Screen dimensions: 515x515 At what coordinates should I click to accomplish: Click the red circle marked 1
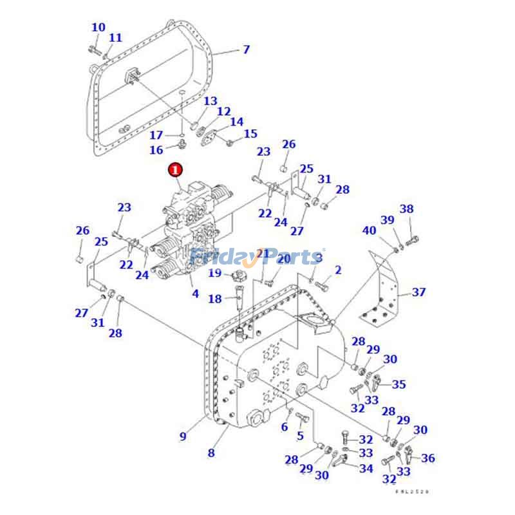tap(175, 170)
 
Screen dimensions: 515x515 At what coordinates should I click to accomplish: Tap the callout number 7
tap(246, 50)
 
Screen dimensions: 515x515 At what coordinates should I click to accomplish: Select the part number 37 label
tap(419, 292)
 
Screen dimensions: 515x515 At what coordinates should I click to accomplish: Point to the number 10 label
tap(98, 28)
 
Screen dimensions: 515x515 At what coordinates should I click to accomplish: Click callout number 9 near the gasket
tap(183, 436)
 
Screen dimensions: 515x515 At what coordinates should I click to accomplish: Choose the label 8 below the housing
tap(211, 453)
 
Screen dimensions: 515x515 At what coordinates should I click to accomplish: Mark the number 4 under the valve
tap(195, 294)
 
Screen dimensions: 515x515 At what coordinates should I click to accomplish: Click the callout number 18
tap(214, 299)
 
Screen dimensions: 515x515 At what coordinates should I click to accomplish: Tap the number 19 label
tap(214, 274)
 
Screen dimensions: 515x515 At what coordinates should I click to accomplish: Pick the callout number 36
tap(428, 458)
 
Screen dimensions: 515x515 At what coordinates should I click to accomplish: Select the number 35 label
tap(399, 384)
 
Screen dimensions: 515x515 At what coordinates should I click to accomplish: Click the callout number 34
tap(366, 469)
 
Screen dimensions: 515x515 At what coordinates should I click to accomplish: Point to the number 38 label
tap(407, 209)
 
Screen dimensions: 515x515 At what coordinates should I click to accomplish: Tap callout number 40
tap(369, 230)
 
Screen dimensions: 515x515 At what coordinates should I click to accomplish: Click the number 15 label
tap(250, 134)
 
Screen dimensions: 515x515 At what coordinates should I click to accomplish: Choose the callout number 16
tap(156, 150)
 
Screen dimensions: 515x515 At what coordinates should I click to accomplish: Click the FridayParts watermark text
tap(257, 257)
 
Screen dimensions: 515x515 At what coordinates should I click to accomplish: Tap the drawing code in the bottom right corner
tap(412, 491)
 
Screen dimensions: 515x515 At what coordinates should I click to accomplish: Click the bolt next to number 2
tap(323, 283)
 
